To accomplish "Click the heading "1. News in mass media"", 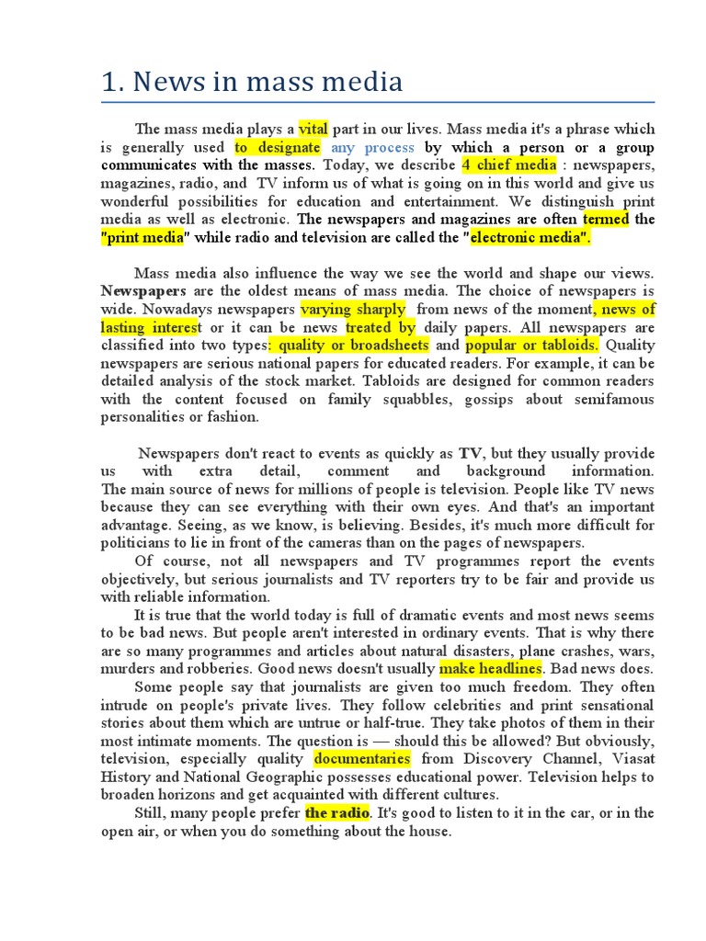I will (252, 83).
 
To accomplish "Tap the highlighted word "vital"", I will (313, 130).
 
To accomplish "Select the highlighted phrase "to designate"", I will (277, 147).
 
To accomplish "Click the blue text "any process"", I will (372, 147).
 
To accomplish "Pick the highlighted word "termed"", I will (606, 220).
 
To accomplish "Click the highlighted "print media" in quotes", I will (143, 237).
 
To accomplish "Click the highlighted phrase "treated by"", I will (381, 327).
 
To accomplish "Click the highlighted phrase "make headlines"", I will (491, 668).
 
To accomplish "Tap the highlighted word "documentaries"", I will (362, 759).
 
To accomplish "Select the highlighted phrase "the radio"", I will (337, 813).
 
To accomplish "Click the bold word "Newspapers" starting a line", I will (143, 291).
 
